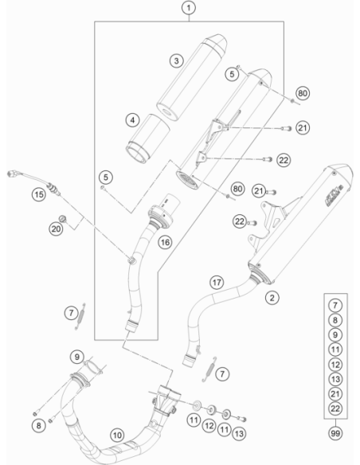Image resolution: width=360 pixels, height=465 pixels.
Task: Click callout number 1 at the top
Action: pyautogui.click(x=189, y=8)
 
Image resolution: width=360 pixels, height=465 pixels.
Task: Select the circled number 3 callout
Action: pyautogui.click(x=177, y=61)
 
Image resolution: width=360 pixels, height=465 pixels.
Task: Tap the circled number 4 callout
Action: pyautogui.click(x=132, y=120)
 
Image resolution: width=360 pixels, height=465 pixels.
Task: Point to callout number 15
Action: pyautogui.click(x=39, y=195)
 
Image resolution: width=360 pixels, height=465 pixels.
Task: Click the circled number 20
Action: pyautogui.click(x=56, y=229)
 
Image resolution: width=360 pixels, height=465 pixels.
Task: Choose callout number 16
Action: pyautogui.click(x=165, y=242)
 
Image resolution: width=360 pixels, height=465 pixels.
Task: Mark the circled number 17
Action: pyautogui.click(x=217, y=283)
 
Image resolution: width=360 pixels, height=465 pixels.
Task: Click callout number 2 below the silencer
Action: pyautogui.click(x=272, y=297)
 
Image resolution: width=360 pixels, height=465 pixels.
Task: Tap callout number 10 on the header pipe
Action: pyautogui.click(x=117, y=435)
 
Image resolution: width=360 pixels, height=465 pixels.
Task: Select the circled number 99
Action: pyautogui.click(x=335, y=433)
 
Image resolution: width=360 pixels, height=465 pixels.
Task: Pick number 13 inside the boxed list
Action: pyautogui.click(x=335, y=379)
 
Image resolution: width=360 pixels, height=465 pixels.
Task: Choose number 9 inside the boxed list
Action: pyautogui.click(x=335, y=334)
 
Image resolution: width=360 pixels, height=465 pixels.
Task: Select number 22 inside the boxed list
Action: pyautogui.click(x=335, y=408)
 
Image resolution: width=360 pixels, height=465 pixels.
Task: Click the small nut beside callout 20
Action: pyautogui.click(x=63, y=219)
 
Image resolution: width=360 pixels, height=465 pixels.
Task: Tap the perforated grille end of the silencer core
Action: pyautogui.click(x=187, y=180)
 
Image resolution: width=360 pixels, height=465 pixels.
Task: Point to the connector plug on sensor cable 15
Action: pyautogui.click(x=12, y=174)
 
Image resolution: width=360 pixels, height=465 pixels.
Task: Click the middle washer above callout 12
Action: pyautogui.click(x=211, y=409)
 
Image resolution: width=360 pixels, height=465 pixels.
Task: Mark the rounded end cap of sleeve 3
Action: pyautogui.click(x=216, y=44)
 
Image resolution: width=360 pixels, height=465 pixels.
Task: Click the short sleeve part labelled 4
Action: pyautogui.click(x=147, y=139)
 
